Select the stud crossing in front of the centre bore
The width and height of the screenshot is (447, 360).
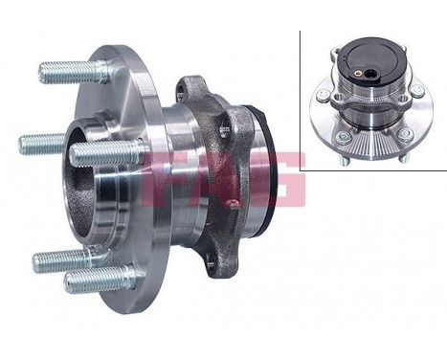pyautogui.click(x=105, y=152)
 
